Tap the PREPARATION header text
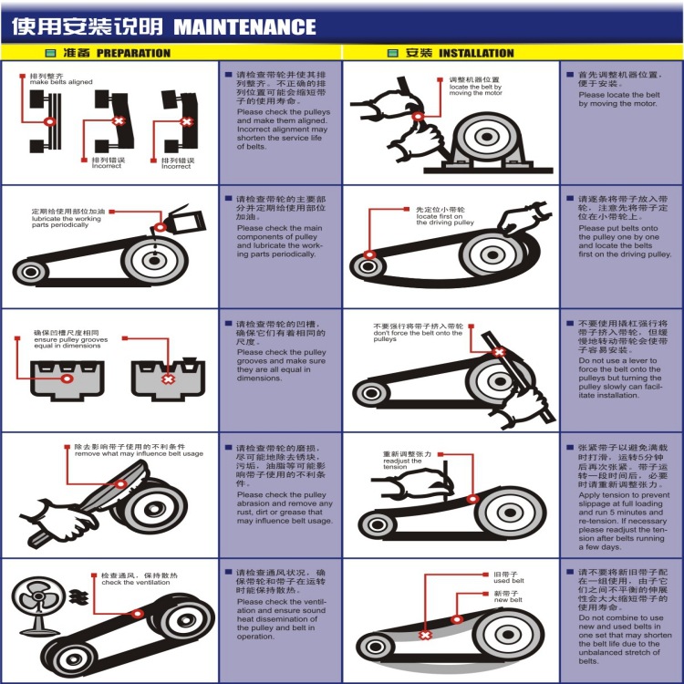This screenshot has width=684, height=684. (x=132, y=53)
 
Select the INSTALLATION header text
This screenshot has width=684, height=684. (x=476, y=53)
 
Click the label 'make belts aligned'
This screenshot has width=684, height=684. (x=61, y=82)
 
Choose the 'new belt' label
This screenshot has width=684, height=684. (x=508, y=601)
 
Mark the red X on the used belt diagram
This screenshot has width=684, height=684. (x=425, y=635)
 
